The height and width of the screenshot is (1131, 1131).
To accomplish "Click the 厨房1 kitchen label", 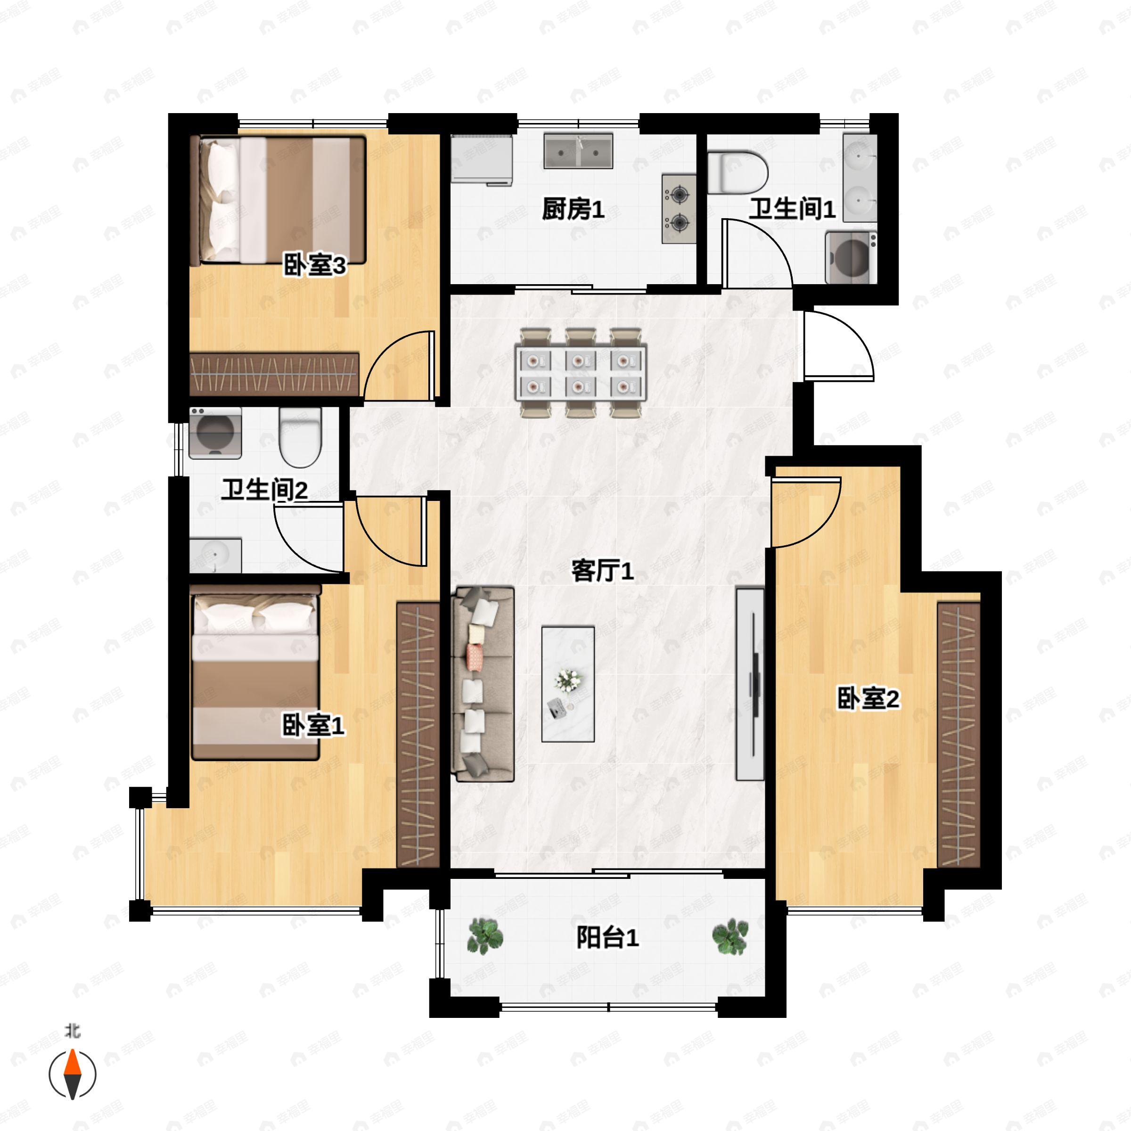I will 573,210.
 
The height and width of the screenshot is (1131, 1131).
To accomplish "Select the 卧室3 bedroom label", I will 314,265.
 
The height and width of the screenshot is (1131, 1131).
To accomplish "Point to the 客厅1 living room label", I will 602,571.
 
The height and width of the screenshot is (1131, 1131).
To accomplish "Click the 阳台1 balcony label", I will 607,938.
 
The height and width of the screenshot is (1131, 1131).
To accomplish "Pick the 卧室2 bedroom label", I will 868,698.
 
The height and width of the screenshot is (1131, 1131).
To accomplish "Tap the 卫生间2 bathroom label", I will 264,490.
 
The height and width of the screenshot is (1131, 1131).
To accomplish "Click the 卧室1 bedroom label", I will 313,726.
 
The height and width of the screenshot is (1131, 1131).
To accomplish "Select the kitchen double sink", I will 578,151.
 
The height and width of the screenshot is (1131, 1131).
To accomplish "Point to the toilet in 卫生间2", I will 300,437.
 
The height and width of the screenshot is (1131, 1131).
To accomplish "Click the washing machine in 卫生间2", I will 215,433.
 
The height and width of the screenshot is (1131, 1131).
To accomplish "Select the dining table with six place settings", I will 581,373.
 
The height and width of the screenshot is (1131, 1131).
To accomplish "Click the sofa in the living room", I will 483,684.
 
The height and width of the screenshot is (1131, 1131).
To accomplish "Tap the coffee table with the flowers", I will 568,684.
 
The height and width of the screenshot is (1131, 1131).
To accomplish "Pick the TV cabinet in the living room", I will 750,684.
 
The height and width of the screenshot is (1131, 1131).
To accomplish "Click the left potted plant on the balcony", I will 485,935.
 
